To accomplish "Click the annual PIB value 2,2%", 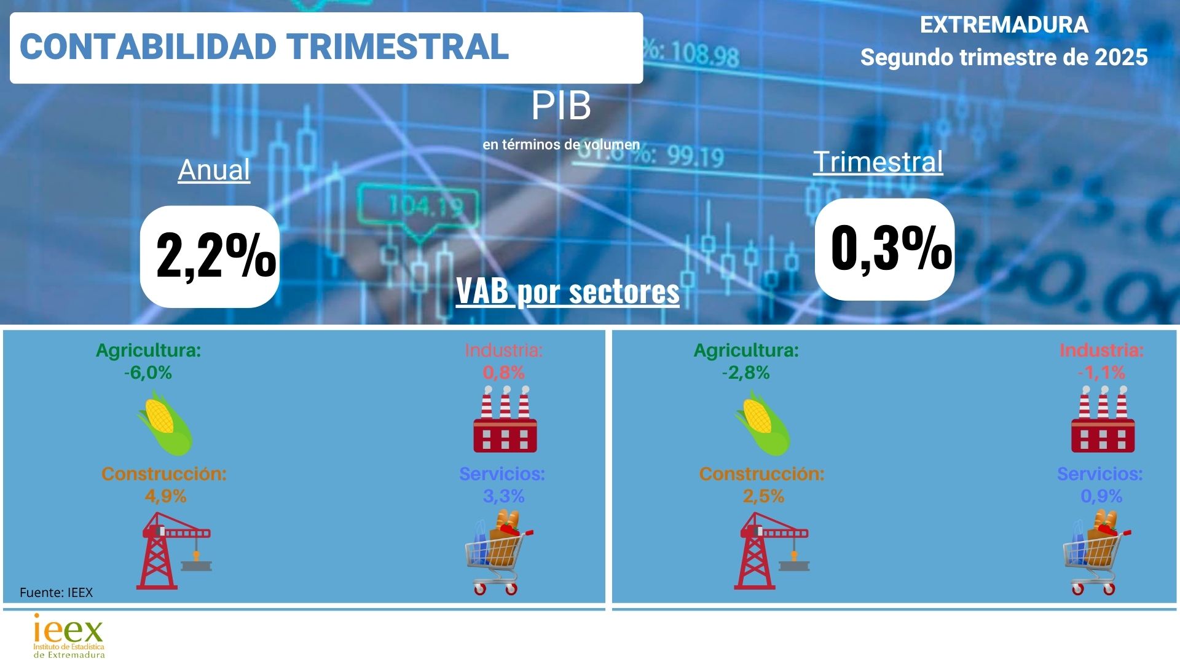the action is [216, 256].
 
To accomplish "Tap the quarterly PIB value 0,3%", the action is [891, 248].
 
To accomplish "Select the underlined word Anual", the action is [214, 170].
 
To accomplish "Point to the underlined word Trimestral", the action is [878, 162].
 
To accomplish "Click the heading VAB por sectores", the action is [568, 291].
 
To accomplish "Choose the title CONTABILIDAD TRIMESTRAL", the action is [264, 47].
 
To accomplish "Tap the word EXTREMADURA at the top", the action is [1004, 25].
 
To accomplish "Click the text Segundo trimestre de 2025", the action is [1004, 57].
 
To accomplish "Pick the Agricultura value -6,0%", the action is [148, 373].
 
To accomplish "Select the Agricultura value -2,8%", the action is [746, 373].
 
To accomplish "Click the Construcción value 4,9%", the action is [165, 496].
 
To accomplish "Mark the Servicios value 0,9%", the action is [1101, 496].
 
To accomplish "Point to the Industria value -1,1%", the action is [1101, 373].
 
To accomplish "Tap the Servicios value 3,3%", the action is [503, 496].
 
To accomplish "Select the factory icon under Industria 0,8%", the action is [505, 419].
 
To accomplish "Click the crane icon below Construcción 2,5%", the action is [771, 551].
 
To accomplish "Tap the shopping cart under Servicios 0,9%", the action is [1097, 552].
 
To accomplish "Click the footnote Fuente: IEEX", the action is [56, 593].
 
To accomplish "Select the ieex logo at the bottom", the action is [69, 636].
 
